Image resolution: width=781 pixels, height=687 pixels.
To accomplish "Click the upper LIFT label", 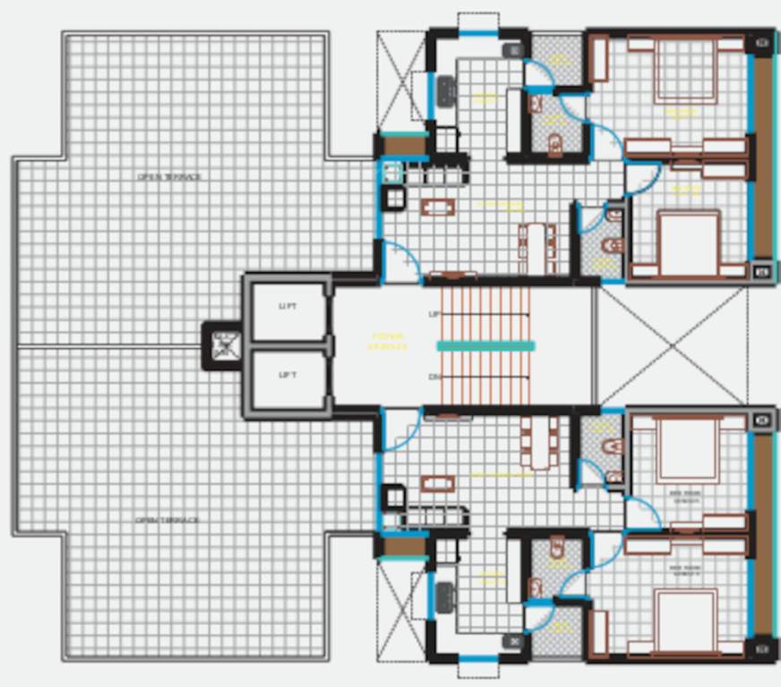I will (288, 307).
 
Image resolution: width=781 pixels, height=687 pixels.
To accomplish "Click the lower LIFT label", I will (288, 375).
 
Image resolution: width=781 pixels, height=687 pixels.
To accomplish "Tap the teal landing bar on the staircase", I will (485, 345).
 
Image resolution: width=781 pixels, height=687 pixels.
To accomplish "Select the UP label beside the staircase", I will (434, 315).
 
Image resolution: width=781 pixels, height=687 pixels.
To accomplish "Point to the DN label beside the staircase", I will (434, 377).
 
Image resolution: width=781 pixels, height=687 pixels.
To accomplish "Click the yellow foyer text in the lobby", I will (389, 342).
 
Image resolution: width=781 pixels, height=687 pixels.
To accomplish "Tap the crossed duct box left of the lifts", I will (227, 345).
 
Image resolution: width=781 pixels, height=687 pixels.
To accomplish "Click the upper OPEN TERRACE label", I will (169, 177).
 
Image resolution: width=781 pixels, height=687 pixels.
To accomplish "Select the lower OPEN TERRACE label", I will (167, 520).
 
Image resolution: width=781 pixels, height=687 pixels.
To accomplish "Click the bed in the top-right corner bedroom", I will (685, 70).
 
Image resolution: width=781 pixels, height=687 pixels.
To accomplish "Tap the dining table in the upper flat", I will (536, 247).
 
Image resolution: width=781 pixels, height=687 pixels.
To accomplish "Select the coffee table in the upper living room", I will (438, 208).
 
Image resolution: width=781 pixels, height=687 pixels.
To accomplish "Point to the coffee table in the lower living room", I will (438, 484).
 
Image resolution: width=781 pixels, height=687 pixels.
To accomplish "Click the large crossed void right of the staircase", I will (672, 345).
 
